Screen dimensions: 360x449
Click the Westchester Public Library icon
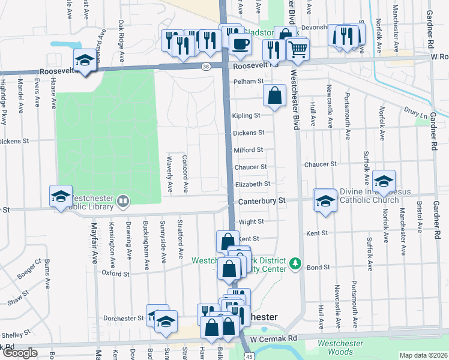click(123, 200)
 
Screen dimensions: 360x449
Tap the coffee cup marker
click(240, 44)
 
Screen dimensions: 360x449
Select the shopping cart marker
click(297, 49)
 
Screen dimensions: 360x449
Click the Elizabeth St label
click(253, 184)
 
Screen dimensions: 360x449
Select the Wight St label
click(251, 221)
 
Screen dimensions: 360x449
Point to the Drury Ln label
click(414, 112)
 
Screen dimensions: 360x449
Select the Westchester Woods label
click(336, 347)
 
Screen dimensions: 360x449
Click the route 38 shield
click(206, 67)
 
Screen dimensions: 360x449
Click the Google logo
click(19, 353)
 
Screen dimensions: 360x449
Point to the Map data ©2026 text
click(423, 355)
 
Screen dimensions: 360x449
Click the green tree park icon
click(294, 263)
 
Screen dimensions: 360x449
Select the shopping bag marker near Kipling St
click(274, 95)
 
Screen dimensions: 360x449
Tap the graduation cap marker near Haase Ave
click(85, 60)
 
